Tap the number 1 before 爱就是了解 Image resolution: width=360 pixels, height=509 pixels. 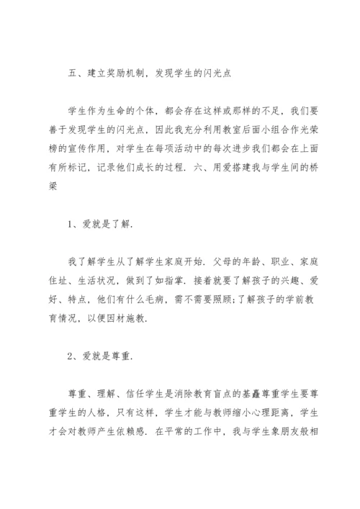click(71, 224)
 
